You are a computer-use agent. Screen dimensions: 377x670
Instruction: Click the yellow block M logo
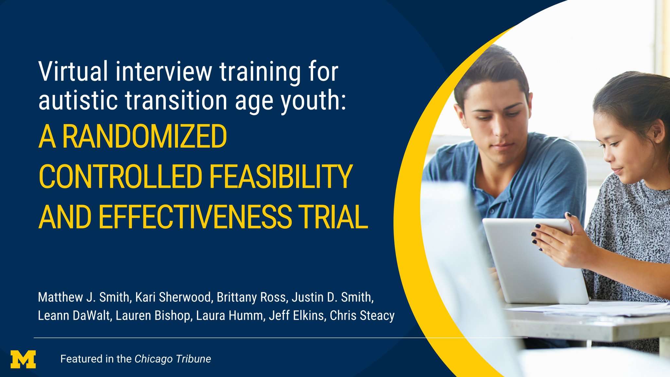(23, 359)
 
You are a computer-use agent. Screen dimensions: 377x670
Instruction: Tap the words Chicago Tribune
(173, 359)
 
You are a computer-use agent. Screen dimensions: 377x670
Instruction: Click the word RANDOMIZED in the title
(144, 137)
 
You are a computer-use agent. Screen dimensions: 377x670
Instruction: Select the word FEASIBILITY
(280, 177)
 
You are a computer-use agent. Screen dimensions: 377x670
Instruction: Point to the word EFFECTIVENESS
(195, 217)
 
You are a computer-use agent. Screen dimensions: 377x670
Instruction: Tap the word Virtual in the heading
(73, 71)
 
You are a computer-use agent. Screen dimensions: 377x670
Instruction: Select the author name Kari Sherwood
(173, 297)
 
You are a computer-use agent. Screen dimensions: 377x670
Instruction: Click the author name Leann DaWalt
(74, 315)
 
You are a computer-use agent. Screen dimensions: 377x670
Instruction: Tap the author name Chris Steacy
(362, 315)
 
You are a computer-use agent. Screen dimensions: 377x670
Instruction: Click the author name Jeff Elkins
(296, 315)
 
